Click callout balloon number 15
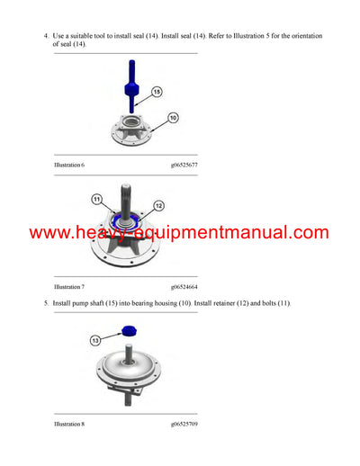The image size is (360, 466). click(157, 92)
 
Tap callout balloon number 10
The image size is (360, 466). click(173, 118)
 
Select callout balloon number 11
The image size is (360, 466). click(96, 200)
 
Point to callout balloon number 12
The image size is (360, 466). click(158, 206)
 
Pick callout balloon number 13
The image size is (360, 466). click(95, 340)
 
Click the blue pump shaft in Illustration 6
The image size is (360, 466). click(131, 86)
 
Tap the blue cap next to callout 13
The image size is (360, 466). click(129, 330)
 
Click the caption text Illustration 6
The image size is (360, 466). click(69, 165)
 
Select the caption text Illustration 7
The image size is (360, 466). click(69, 287)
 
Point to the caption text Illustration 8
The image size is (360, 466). click(69, 424)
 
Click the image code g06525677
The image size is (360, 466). click(184, 165)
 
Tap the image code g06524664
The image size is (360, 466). click(184, 287)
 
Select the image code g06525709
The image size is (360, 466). click(184, 424)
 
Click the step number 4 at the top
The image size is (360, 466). click(46, 36)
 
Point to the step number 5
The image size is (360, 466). click(46, 303)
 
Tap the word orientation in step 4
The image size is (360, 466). click(307, 36)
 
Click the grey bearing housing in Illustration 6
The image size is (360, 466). click(131, 130)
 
